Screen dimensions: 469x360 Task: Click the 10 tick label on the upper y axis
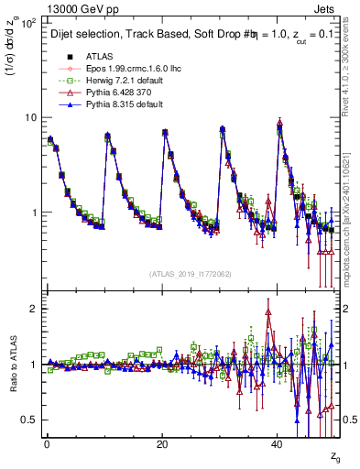(31, 117)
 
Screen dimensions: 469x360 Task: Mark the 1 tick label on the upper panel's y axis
(34, 213)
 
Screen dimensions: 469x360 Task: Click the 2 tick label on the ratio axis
(34, 309)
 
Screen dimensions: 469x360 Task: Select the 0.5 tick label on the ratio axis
(29, 420)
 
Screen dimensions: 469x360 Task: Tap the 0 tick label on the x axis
(47, 443)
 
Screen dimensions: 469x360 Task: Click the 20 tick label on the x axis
(162, 443)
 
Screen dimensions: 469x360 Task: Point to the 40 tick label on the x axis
(278, 443)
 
